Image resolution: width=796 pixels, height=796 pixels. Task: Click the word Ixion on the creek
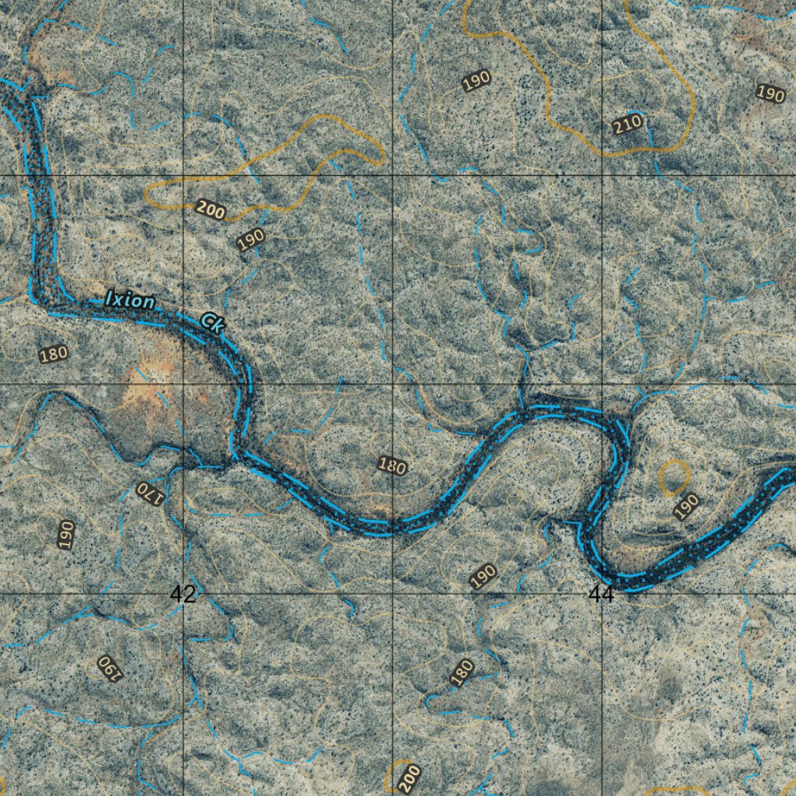[x=130, y=300]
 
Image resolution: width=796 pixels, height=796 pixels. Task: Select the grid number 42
[x=183, y=595]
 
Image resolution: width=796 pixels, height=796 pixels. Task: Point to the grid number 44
[x=601, y=595]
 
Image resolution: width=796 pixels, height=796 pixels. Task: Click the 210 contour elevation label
[x=627, y=123]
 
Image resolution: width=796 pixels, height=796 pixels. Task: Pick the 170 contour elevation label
[x=149, y=493]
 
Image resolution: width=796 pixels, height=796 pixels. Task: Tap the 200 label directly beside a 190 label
[x=211, y=208]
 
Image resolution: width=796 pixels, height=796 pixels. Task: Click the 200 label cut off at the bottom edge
[x=410, y=777]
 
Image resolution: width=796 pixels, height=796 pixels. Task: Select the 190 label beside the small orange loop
[x=686, y=505]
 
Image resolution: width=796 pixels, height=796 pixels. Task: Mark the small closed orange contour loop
[x=673, y=476]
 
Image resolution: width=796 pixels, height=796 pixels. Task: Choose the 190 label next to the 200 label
[x=251, y=239]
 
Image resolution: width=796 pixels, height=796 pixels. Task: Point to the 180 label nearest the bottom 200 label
[x=462, y=672]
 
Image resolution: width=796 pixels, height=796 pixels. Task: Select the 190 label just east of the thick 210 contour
[x=770, y=94]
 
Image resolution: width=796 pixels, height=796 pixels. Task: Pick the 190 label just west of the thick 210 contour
[x=476, y=80]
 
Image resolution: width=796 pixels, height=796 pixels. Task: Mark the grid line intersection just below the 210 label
[x=602, y=176]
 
